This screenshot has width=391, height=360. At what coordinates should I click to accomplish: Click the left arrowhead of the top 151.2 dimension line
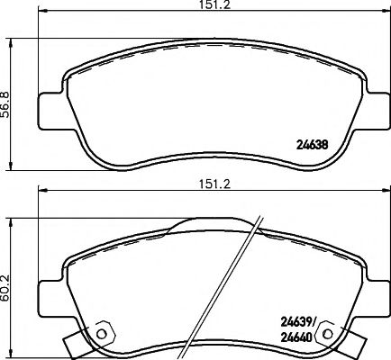41,15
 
